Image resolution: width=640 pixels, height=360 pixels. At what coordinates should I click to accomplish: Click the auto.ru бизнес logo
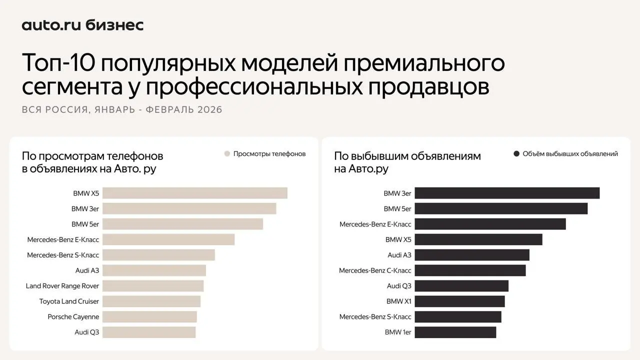[82, 25]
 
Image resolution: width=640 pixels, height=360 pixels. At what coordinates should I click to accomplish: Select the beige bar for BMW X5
[194, 193]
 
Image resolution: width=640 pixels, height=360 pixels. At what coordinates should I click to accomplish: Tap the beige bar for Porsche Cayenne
[149, 317]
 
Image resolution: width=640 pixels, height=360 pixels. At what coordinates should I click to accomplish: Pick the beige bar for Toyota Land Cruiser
[151, 301]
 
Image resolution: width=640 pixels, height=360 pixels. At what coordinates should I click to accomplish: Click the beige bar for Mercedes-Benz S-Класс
[158, 255]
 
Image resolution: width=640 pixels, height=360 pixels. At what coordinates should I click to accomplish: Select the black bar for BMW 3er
[506, 193]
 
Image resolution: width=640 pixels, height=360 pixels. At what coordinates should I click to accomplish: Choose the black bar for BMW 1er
[455, 332]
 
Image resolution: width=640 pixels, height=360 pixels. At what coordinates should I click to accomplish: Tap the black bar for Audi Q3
[461, 286]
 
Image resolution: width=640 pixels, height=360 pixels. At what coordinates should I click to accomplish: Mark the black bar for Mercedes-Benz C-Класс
[470, 270]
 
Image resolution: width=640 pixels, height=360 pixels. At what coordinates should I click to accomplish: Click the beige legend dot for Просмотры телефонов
[227, 154]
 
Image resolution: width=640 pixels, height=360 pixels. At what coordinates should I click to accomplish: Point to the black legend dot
[516, 154]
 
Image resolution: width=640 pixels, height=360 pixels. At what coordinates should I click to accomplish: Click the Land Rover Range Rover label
[62, 286]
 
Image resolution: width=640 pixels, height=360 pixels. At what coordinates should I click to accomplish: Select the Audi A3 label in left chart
[87, 270]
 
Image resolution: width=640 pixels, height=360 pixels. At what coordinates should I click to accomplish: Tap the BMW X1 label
[398, 301]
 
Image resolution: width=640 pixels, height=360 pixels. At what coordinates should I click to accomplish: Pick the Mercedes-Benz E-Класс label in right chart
[375, 224]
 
